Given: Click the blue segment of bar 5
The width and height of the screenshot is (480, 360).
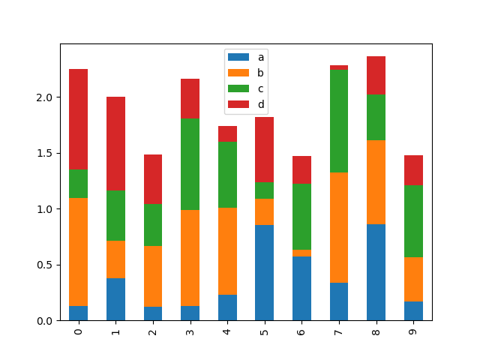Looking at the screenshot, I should (264, 272).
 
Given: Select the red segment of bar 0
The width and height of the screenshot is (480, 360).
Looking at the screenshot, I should (78, 119).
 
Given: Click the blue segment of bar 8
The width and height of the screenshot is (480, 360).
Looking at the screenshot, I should (376, 272).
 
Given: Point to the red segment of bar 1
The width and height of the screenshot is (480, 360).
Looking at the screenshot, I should (115, 143).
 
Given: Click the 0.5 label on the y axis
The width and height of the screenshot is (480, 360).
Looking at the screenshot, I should (45, 265).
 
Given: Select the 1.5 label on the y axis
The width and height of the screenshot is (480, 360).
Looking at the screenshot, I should (45, 153).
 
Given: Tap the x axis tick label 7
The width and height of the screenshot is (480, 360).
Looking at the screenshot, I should (339, 331).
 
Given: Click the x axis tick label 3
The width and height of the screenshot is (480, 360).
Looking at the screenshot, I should (190, 331).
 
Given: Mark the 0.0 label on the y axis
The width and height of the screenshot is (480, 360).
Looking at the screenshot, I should (45, 320).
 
